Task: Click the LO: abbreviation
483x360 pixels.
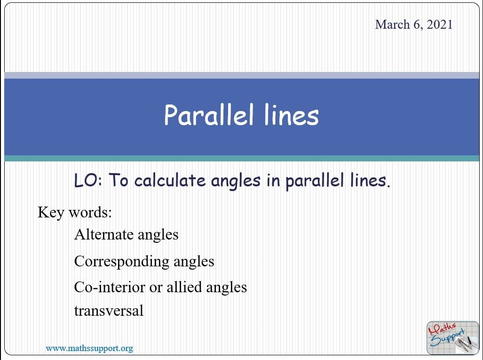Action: (88, 180)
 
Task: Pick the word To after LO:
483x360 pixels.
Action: (118, 180)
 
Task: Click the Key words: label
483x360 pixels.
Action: (75, 212)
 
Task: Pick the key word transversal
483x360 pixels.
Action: (109, 311)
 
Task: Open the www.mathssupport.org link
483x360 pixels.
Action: (89, 349)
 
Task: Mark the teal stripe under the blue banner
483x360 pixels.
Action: (241, 158)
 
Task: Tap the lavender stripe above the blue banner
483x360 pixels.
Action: (241, 75)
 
